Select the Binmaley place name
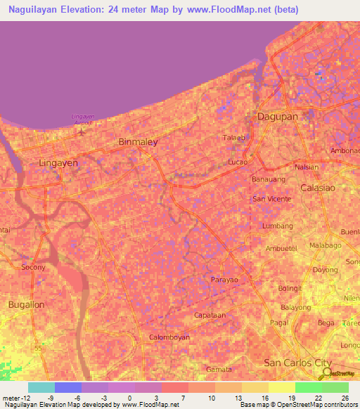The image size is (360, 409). coord(138,141)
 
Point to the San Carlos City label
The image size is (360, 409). coord(297,363)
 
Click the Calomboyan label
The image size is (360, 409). coord(169,337)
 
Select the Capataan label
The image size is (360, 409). coord(210,316)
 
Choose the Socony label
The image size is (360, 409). coord(33,267)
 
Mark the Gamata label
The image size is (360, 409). coord(219,369)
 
